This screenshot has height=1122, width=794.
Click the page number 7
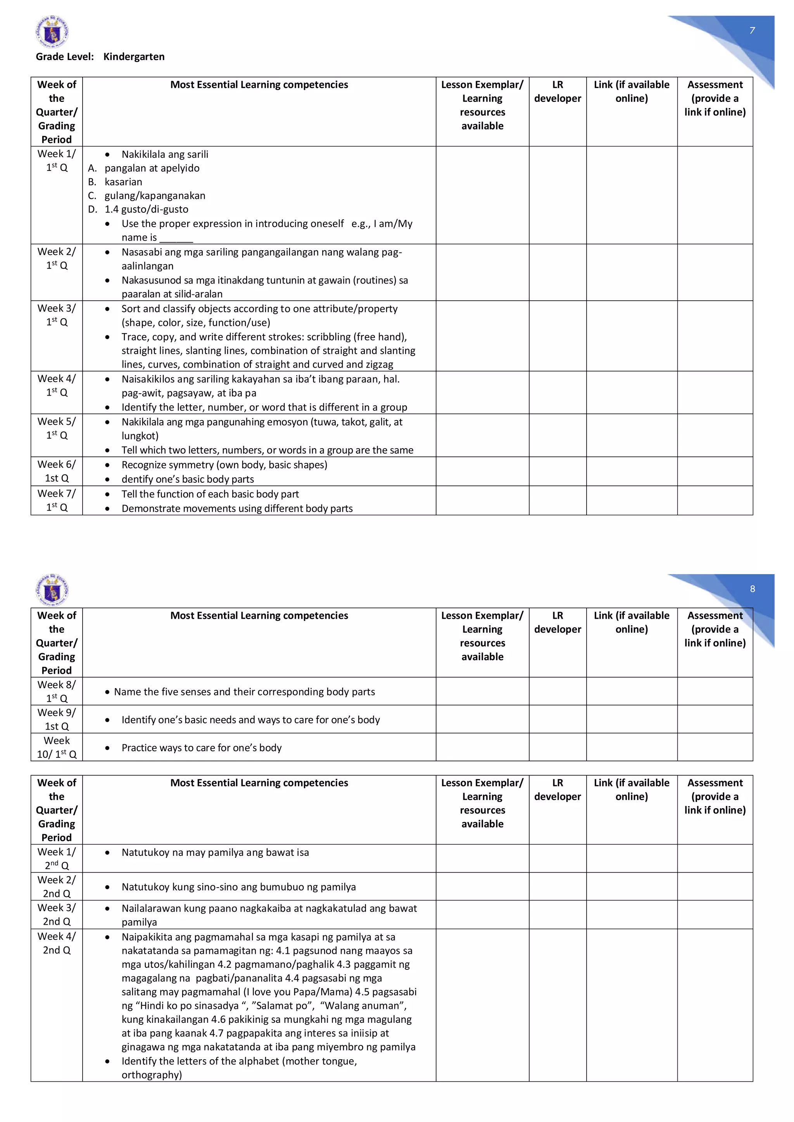[x=752, y=30]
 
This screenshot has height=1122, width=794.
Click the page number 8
[x=752, y=589]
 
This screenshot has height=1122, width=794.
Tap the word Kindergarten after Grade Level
[x=134, y=57]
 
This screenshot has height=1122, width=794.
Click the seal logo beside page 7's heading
[x=52, y=32]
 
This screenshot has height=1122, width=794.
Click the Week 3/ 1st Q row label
[x=57, y=315]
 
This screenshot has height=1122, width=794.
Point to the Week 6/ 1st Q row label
[x=57, y=471]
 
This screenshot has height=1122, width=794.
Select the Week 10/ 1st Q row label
[x=57, y=747]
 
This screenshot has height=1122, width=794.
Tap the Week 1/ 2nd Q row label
[x=57, y=858]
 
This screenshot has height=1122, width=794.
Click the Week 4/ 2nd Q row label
[x=57, y=943]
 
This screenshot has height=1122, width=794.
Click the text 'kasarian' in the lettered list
[x=123, y=182]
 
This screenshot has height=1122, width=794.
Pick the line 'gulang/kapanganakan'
[x=155, y=196]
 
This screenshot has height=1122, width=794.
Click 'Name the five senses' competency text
[x=245, y=692]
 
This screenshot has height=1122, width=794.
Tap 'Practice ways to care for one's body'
[x=202, y=748]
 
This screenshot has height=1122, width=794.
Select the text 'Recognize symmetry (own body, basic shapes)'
[x=224, y=465]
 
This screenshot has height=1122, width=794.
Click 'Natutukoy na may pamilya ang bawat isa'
[x=215, y=852]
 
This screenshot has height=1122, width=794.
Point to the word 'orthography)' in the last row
[x=152, y=1075]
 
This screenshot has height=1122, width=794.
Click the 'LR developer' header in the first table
[x=558, y=91]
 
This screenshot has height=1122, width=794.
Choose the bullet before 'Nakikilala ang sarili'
[x=107, y=155]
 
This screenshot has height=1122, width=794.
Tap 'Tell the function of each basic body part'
[x=210, y=494]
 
